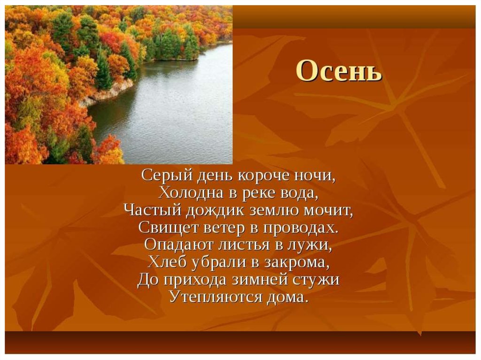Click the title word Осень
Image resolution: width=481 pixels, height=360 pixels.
pyautogui.click(x=339, y=71)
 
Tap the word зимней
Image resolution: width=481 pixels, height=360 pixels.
pyautogui.click(x=260, y=280)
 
